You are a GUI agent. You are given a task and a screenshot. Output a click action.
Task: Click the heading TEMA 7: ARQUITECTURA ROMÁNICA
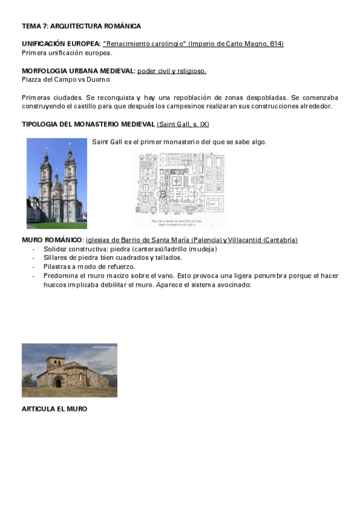[x=81, y=26]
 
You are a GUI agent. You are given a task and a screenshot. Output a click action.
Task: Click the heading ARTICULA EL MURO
[x=55, y=409]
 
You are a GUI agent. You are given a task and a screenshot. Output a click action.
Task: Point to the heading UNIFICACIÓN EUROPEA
[x=61, y=44]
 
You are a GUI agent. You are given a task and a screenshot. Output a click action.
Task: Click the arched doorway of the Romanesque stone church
[x=58, y=383]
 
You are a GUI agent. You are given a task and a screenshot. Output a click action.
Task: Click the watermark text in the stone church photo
[x=103, y=347]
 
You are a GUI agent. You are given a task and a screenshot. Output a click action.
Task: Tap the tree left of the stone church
[x=28, y=379]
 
